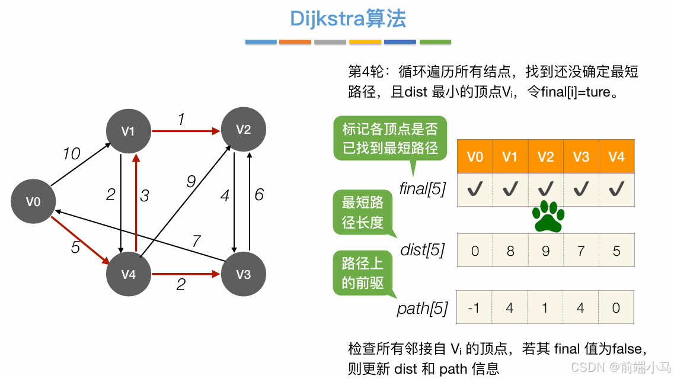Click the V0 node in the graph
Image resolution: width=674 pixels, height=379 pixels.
coord(33,202)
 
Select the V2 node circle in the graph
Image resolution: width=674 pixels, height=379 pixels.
coord(243,130)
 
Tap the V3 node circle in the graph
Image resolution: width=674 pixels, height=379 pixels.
coord(243,274)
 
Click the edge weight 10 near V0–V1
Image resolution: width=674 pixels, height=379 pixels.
coord(72,154)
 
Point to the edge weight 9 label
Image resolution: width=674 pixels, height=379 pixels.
coord(191,182)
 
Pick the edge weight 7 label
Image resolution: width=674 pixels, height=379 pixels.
coord(196,241)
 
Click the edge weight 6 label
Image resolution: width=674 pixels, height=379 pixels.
coord(259,194)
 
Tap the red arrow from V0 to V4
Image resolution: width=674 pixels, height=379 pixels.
coord(80,241)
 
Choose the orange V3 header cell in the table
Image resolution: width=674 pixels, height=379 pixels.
coord(581,157)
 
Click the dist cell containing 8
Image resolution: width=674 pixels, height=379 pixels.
coord(510,251)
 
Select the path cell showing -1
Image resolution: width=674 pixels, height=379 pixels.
coord(474,308)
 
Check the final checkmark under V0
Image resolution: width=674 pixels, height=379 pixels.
coord(475,189)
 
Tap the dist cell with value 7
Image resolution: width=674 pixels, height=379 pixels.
coord(581,251)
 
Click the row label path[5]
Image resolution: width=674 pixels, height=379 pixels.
coord(422,309)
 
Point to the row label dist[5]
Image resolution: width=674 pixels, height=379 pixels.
coord(423,250)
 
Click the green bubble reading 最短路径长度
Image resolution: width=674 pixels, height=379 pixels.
coord(362,212)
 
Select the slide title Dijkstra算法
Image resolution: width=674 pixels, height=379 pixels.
coord(348,19)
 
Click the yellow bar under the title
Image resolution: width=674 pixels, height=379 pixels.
coord(365,42)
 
